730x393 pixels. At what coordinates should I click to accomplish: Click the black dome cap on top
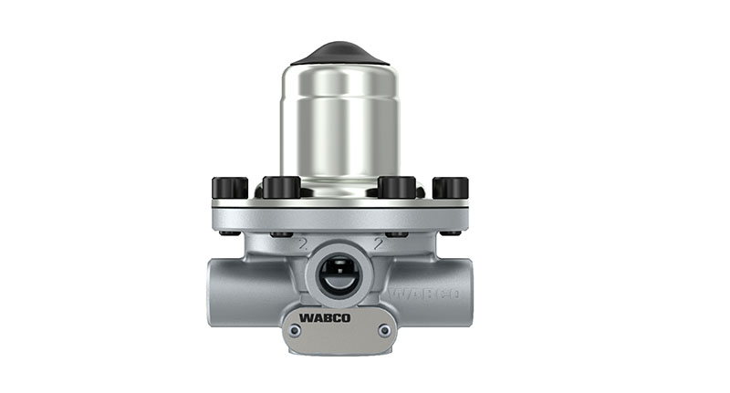click(339, 51)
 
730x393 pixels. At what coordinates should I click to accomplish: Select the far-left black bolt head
click(229, 188)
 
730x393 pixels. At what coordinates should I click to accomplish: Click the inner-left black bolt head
click(281, 187)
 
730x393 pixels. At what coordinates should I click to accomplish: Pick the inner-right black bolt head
click(397, 187)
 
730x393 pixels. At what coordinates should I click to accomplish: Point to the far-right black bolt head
click(450, 188)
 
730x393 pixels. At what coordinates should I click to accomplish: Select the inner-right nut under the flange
click(398, 234)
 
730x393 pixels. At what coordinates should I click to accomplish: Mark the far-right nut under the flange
click(450, 233)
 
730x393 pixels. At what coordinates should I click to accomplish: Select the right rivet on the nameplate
click(385, 331)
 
